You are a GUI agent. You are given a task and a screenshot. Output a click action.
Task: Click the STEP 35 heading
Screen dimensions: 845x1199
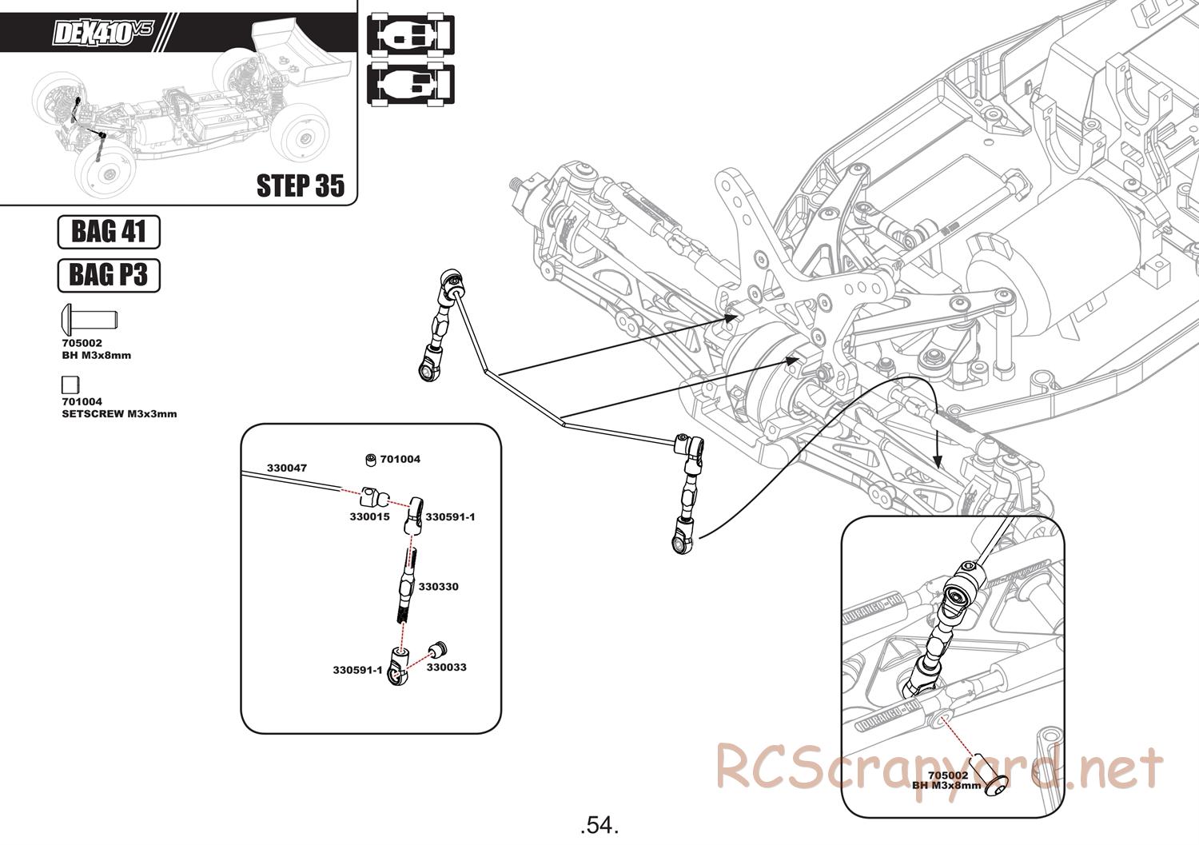(300, 185)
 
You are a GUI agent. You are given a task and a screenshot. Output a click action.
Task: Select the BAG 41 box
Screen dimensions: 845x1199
(109, 232)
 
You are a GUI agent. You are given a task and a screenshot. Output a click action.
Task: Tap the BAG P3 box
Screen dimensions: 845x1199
(109, 275)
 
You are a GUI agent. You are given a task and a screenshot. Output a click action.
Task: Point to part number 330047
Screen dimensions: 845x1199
(286, 468)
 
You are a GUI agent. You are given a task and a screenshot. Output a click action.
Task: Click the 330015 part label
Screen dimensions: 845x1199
(369, 516)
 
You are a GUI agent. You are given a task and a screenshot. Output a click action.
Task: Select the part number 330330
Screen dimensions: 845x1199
(438, 587)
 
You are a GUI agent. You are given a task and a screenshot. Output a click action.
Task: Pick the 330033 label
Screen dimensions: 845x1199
(446, 667)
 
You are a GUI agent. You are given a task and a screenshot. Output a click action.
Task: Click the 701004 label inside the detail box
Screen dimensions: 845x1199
(400, 460)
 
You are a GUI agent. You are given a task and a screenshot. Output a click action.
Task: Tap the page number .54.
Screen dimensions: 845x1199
(599, 824)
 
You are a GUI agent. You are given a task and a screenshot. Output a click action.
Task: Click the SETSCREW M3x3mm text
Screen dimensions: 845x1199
(119, 414)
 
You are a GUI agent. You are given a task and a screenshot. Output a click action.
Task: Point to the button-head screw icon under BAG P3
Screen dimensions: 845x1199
(89, 320)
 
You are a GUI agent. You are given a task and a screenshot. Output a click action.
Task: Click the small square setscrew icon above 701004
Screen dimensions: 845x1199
(70, 385)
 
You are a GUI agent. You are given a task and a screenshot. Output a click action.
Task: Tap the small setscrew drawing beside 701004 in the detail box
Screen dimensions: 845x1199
(371, 459)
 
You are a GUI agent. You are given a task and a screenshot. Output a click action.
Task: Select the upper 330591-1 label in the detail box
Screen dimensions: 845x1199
(450, 517)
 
